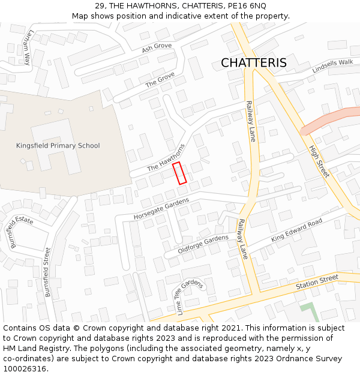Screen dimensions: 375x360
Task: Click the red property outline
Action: (179, 173)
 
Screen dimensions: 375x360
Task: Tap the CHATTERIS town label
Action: (253, 63)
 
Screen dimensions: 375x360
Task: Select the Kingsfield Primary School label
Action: (58, 146)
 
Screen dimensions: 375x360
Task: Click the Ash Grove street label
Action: (157, 47)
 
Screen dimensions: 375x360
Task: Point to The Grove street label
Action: (160, 80)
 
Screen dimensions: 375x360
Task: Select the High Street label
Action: (319, 161)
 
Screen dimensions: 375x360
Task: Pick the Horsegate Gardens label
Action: (161, 208)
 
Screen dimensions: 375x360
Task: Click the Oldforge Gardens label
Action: (203, 243)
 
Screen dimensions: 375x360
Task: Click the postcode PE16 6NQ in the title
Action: (247, 5)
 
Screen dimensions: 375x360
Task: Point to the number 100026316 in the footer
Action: (25, 369)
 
